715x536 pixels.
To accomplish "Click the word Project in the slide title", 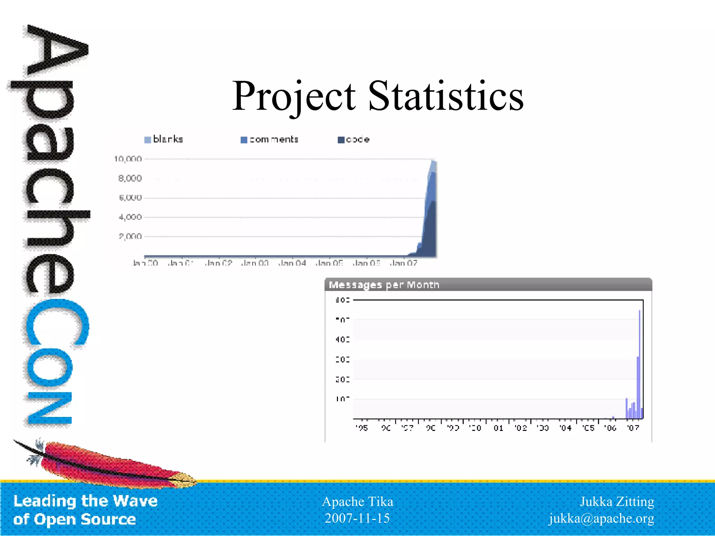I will (294, 96).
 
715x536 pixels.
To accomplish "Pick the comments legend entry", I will (270, 140).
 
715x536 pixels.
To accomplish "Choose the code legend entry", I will (354, 140).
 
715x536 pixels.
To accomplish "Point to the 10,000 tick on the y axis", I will (128, 159).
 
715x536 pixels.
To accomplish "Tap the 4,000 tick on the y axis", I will (130, 217).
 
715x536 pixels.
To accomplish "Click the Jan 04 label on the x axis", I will (292, 263).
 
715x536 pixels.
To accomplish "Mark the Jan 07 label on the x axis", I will (403, 263).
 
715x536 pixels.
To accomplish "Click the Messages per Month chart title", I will (384, 285).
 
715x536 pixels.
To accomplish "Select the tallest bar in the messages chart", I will (639, 363).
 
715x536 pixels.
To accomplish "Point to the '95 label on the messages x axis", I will (362, 428).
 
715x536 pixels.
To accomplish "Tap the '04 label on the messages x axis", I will (566, 428).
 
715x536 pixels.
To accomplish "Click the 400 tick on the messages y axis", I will (342, 339).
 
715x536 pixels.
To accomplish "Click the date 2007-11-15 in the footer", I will (357, 518).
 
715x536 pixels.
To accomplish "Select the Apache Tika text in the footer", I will (357, 501).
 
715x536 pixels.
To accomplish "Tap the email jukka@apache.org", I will (601, 518).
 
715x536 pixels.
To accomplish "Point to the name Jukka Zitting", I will (617, 501).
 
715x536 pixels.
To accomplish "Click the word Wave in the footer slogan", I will (135, 501).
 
